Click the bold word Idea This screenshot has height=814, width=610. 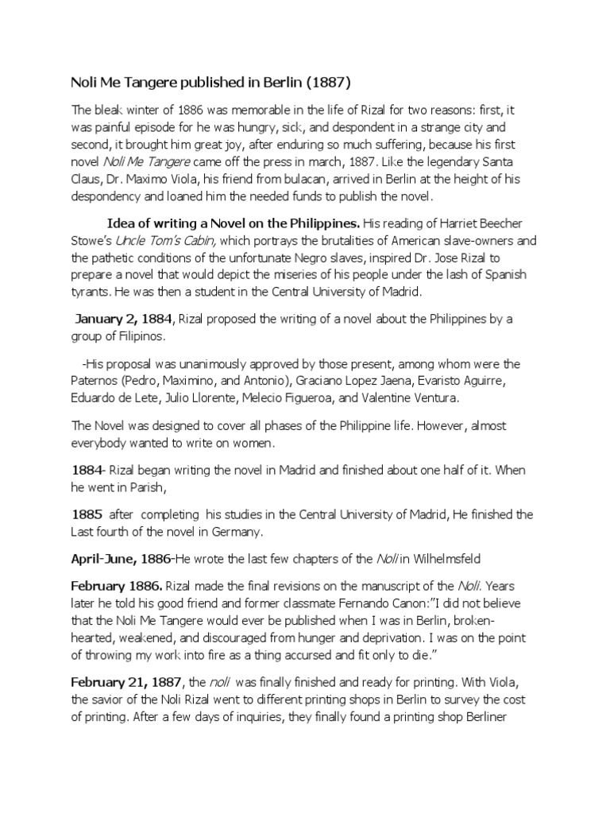121,223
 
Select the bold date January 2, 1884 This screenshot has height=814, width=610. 124,320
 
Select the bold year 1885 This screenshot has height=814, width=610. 87,515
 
